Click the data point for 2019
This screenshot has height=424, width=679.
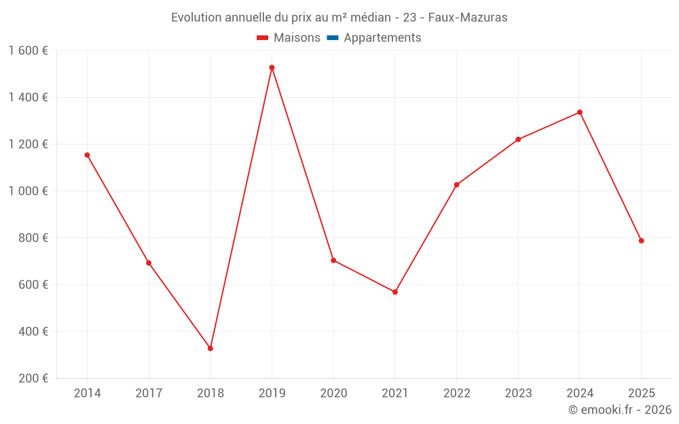click(x=272, y=67)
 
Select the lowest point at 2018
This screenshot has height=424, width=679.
click(x=210, y=348)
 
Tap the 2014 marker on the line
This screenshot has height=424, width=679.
click(x=87, y=155)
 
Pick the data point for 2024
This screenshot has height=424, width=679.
click(x=580, y=112)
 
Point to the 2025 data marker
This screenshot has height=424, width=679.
click(x=641, y=241)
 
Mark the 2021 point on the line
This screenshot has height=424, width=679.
click(x=395, y=292)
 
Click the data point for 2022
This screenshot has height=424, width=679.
click(x=456, y=185)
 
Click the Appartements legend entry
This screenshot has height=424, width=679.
click(x=382, y=38)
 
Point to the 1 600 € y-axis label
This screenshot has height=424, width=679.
click(x=28, y=51)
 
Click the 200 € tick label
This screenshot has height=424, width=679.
click(x=34, y=379)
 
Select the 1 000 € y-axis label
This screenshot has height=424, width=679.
click(x=28, y=191)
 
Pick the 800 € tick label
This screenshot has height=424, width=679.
click(x=34, y=238)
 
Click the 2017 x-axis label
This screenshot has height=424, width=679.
click(x=149, y=393)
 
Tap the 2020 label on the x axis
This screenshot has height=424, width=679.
click(x=333, y=393)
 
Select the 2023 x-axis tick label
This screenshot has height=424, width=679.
click(x=518, y=393)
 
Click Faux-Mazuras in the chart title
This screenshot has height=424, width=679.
click(x=467, y=18)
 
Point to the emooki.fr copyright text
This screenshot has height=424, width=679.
click(x=620, y=410)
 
